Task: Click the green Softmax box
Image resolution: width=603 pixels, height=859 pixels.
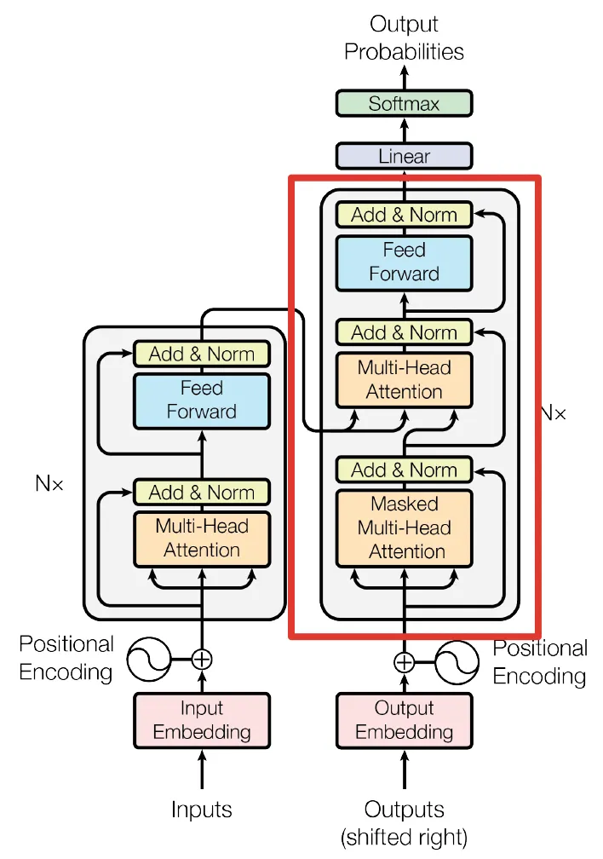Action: tap(404, 104)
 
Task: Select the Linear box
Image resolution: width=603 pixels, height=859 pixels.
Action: tap(404, 157)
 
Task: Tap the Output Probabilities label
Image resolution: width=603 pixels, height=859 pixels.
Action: tap(404, 38)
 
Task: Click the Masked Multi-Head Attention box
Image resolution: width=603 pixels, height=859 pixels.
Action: tap(404, 527)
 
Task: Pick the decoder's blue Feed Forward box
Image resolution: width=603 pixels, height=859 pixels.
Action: tap(404, 262)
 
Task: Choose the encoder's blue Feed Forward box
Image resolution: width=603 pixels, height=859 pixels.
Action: tap(201, 400)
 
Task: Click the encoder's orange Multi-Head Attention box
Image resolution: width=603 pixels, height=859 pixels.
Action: tap(201, 538)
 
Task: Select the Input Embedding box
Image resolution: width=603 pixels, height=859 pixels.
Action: tap(201, 720)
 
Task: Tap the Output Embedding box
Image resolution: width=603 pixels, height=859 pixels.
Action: tap(404, 720)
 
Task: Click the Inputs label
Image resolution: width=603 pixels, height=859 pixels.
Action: tap(201, 809)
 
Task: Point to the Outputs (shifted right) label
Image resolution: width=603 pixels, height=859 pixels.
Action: tap(404, 822)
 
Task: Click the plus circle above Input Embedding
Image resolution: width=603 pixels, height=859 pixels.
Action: tap(201, 659)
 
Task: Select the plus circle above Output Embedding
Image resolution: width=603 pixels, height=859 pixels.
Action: tap(404, 662)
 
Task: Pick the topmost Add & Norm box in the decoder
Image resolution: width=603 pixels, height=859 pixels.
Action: tap(404, 215)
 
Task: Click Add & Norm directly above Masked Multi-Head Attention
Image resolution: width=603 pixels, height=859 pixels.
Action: tap(404, 470)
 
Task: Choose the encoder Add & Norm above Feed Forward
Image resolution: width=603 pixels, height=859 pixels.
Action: tap(201, 354)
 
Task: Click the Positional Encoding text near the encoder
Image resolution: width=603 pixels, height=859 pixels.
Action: tap(66, 658)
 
